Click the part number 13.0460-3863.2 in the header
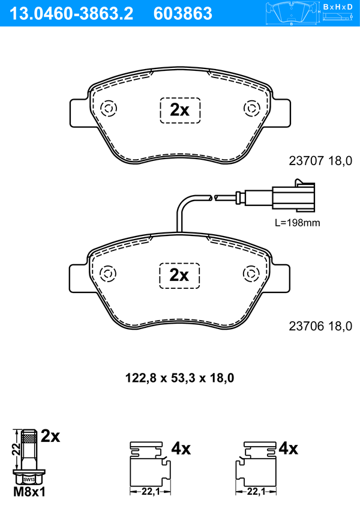[x=71, y=14]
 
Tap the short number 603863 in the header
[x=183, y=14]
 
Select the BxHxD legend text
[x=338, y=7]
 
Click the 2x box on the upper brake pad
[x=180, y=110]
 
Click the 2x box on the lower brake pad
[x=179, y=276]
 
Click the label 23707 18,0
[x=320, y=161]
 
